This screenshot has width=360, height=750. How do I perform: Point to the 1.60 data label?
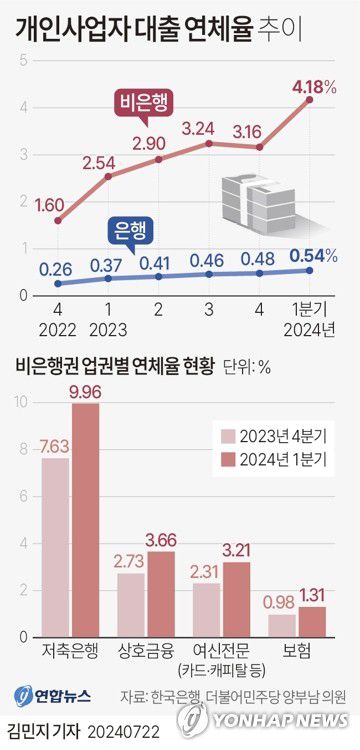50,204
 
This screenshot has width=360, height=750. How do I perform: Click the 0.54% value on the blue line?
312,254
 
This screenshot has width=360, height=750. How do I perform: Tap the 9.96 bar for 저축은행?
85,519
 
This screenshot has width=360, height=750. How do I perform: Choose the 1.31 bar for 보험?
312,620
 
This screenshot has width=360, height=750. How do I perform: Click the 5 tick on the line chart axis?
23,61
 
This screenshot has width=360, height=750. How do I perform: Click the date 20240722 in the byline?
123,732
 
